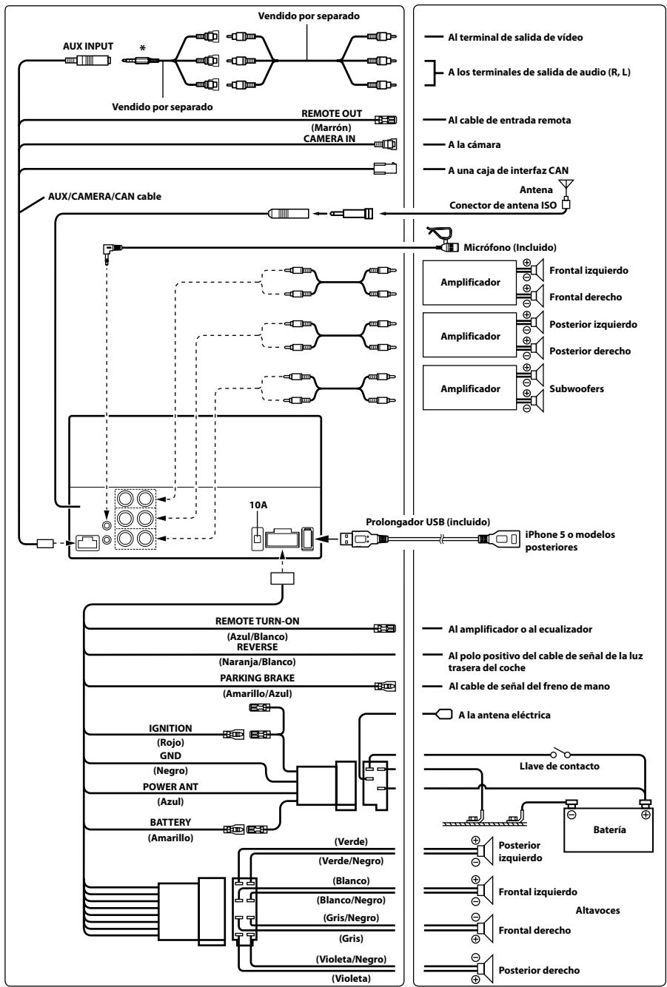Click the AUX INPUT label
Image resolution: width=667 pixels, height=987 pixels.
[88, 47]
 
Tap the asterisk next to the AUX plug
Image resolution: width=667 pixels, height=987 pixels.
[142, 48]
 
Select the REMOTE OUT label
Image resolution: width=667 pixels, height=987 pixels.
[332, 113]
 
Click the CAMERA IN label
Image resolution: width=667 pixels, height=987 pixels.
[329, 138]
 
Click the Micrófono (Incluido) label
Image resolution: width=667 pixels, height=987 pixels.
[509, 247]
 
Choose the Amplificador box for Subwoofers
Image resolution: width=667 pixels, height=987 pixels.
[469, 388]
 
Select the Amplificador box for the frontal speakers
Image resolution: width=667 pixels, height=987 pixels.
[469, 282]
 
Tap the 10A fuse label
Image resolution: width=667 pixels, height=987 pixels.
[258, 505]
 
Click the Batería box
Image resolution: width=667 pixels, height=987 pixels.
[609, 830]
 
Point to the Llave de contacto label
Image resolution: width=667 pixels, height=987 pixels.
[559, 767]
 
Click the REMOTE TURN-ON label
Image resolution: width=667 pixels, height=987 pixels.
[257, 621]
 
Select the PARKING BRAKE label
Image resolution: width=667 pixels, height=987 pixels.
[257, 678]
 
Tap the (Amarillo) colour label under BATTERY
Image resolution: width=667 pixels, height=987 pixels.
[170, 838]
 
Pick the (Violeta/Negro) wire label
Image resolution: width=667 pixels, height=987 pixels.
[351, 959]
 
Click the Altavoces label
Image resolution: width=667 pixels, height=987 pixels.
[597, 910]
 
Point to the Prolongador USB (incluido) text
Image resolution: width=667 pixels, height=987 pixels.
[428, 522]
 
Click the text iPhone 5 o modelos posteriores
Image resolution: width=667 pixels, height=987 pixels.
[569, 541]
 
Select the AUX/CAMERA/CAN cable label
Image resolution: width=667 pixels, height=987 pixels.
[104, 197]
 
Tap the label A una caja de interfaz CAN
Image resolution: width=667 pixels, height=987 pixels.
[508, 170]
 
